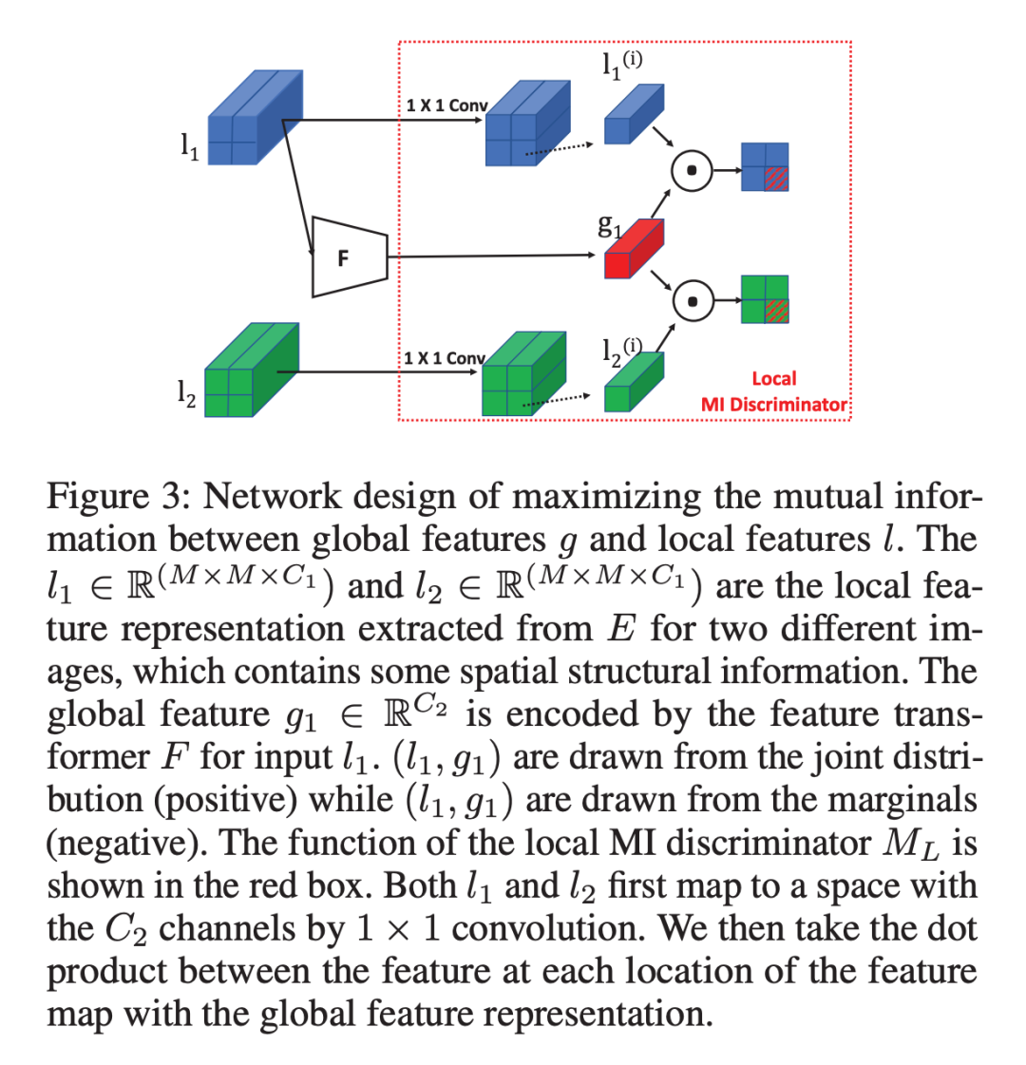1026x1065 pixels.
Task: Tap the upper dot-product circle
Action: click(x=693, y=171)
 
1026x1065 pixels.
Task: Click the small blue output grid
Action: click(x=766, y=167)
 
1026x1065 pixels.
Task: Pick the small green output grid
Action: click(x=766, y=298)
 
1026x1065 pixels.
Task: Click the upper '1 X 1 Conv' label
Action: click(x=446, y=105)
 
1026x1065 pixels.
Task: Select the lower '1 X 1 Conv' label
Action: click(x=444, y=358)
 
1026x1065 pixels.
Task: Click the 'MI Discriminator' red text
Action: click(x=773, y=404)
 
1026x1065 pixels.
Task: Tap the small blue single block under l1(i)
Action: click(x=634, y=117)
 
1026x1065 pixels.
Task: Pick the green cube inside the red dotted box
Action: click(x=524, y=375)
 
